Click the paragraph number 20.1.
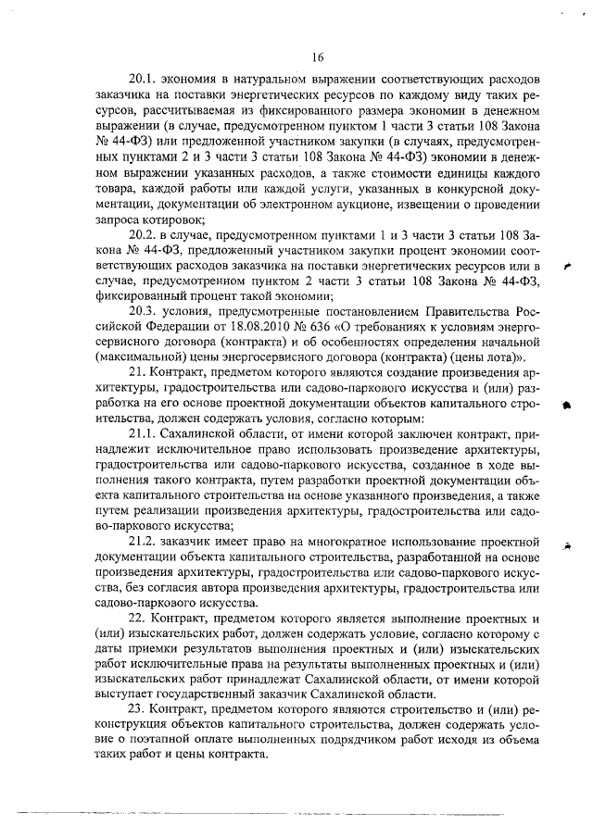click(144, 81)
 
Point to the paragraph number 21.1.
click(144, 433)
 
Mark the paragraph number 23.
click(139, 709)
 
